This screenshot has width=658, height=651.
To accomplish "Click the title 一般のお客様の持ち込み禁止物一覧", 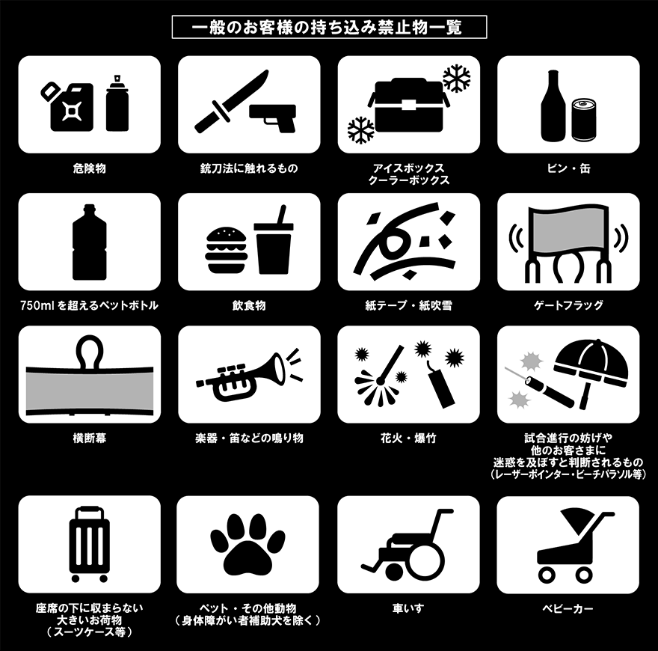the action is point(327,28).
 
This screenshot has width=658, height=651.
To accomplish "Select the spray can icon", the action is point(117,103).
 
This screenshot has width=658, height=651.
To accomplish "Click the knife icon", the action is point(231,100).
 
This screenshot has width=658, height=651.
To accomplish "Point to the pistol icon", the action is point(272,116).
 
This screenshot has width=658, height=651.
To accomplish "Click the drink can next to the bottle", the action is point(584,120).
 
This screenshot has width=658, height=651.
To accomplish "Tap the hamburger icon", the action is point(226,251).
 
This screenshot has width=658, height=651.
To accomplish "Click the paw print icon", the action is point(247,544).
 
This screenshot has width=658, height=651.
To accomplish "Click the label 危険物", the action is point(90,169).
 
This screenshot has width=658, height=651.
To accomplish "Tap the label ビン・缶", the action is point(568,169).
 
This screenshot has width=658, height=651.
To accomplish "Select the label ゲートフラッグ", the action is point(568,305).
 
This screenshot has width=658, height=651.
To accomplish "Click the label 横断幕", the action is point(90,438).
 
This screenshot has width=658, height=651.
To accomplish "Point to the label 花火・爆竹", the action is point(408,438).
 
